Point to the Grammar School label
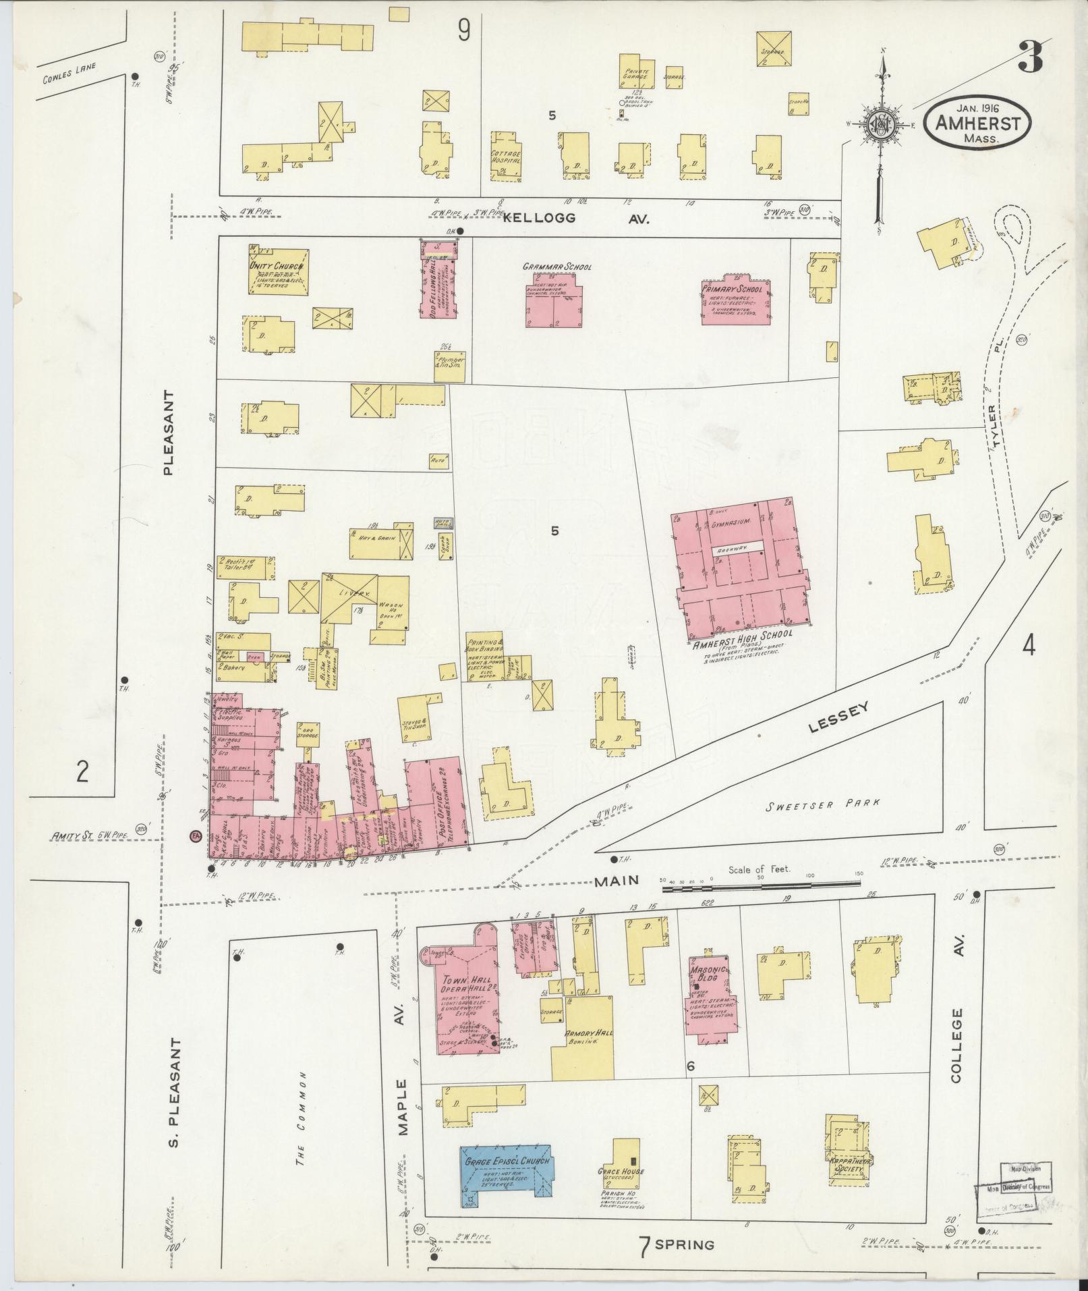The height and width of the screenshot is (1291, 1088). tap(556, 267)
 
